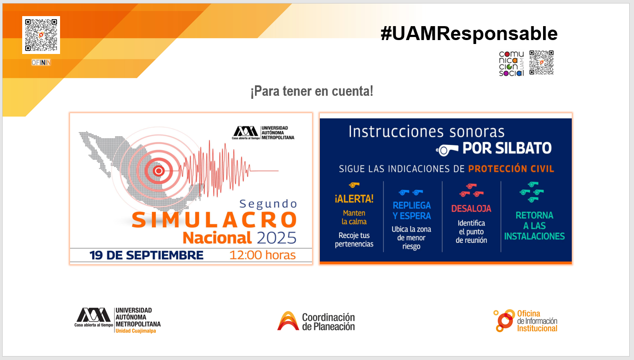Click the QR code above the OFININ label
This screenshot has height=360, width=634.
click(x=41, y=35)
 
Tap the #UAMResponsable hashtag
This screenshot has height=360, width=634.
click(x=469, y=34)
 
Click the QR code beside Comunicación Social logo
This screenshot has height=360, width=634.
click(x=541, y=63)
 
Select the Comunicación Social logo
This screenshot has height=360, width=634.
click(x=511, y=64)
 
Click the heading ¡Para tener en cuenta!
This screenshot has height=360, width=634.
click(x=312, y=91)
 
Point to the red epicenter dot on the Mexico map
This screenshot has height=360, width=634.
click(x=158, y=171)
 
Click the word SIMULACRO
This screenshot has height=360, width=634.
click(x=215, y=220)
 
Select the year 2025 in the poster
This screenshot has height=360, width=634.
click(x=276, y=238)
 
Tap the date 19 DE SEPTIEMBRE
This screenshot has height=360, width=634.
click(x=146, y=255)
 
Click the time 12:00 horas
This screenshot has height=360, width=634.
click(x=262, y=255)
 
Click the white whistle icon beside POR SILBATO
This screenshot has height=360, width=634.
click(x=447, y=150)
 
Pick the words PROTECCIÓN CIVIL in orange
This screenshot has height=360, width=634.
click(x=511, y=169)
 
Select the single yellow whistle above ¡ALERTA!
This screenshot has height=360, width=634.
click(x=354, y=185)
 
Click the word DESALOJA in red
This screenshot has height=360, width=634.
click(x=471, y=209)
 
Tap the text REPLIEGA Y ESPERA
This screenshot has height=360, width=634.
click(x=412, y=210)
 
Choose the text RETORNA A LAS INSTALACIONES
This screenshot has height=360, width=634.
click(x=534, y=226)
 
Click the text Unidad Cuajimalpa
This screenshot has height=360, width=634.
click(x=136, y=331)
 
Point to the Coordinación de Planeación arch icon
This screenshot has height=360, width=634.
click(x=288, y=321)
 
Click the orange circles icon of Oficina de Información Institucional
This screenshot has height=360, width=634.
click(x=504, y=321)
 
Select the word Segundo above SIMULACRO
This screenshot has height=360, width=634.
click(x=268, y=204)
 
